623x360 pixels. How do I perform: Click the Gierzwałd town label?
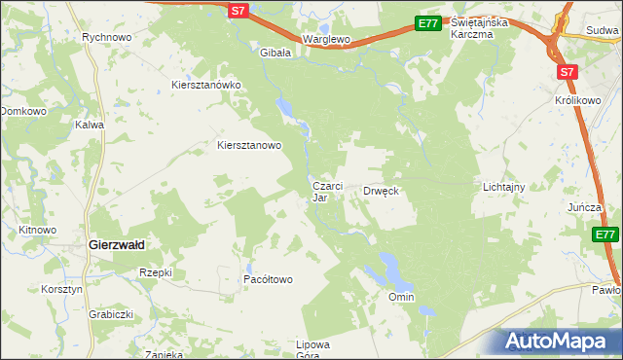(117, 245)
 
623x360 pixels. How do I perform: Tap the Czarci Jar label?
(324, 191)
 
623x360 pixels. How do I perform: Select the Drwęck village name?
(382, 191)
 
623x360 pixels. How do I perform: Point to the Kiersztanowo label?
(248, 146)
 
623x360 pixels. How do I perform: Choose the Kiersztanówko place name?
(205, 85)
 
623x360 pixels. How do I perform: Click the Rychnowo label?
(107, 37)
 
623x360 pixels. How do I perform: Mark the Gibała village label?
(275, 54)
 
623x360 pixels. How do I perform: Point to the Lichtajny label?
(504, 186)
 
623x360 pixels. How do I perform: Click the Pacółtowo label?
(268, 279)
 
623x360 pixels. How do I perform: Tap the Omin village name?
(401, 296)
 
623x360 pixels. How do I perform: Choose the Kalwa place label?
(90, 125)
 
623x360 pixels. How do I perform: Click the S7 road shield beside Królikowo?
(568, 72)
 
